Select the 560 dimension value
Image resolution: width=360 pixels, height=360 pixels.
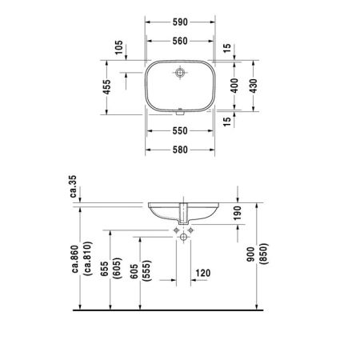[180, 42]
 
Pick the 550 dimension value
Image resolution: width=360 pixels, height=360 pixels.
[180, 130]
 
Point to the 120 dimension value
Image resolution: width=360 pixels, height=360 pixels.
[202, 274]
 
